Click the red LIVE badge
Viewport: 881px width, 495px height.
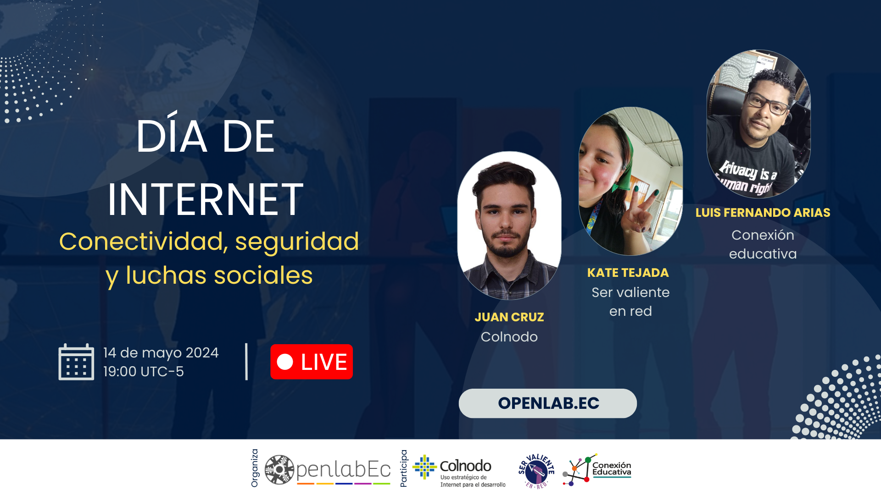pos(312,362)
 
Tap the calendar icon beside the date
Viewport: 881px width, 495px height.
pos(76,362)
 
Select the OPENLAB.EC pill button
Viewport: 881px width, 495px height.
pos(548,403)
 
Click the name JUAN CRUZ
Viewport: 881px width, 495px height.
pos(509,317)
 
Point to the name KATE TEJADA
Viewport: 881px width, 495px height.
pos(628,273)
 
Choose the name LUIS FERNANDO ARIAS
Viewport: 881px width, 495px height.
pos(763,213)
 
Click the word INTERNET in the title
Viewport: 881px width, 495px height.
pos(206,199)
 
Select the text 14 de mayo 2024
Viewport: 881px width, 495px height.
pos(161,352)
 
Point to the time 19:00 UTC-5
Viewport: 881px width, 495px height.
pos(144,371)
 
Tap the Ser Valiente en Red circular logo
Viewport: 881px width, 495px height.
pos(536,471)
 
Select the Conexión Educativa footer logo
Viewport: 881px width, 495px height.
pos(597,470)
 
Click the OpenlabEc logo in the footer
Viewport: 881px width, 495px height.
pos(328,470)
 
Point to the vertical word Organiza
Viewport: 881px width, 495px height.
pos(255,468)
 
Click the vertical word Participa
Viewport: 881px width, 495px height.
pos(404,468)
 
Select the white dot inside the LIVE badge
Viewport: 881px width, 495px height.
pos(285,362)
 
